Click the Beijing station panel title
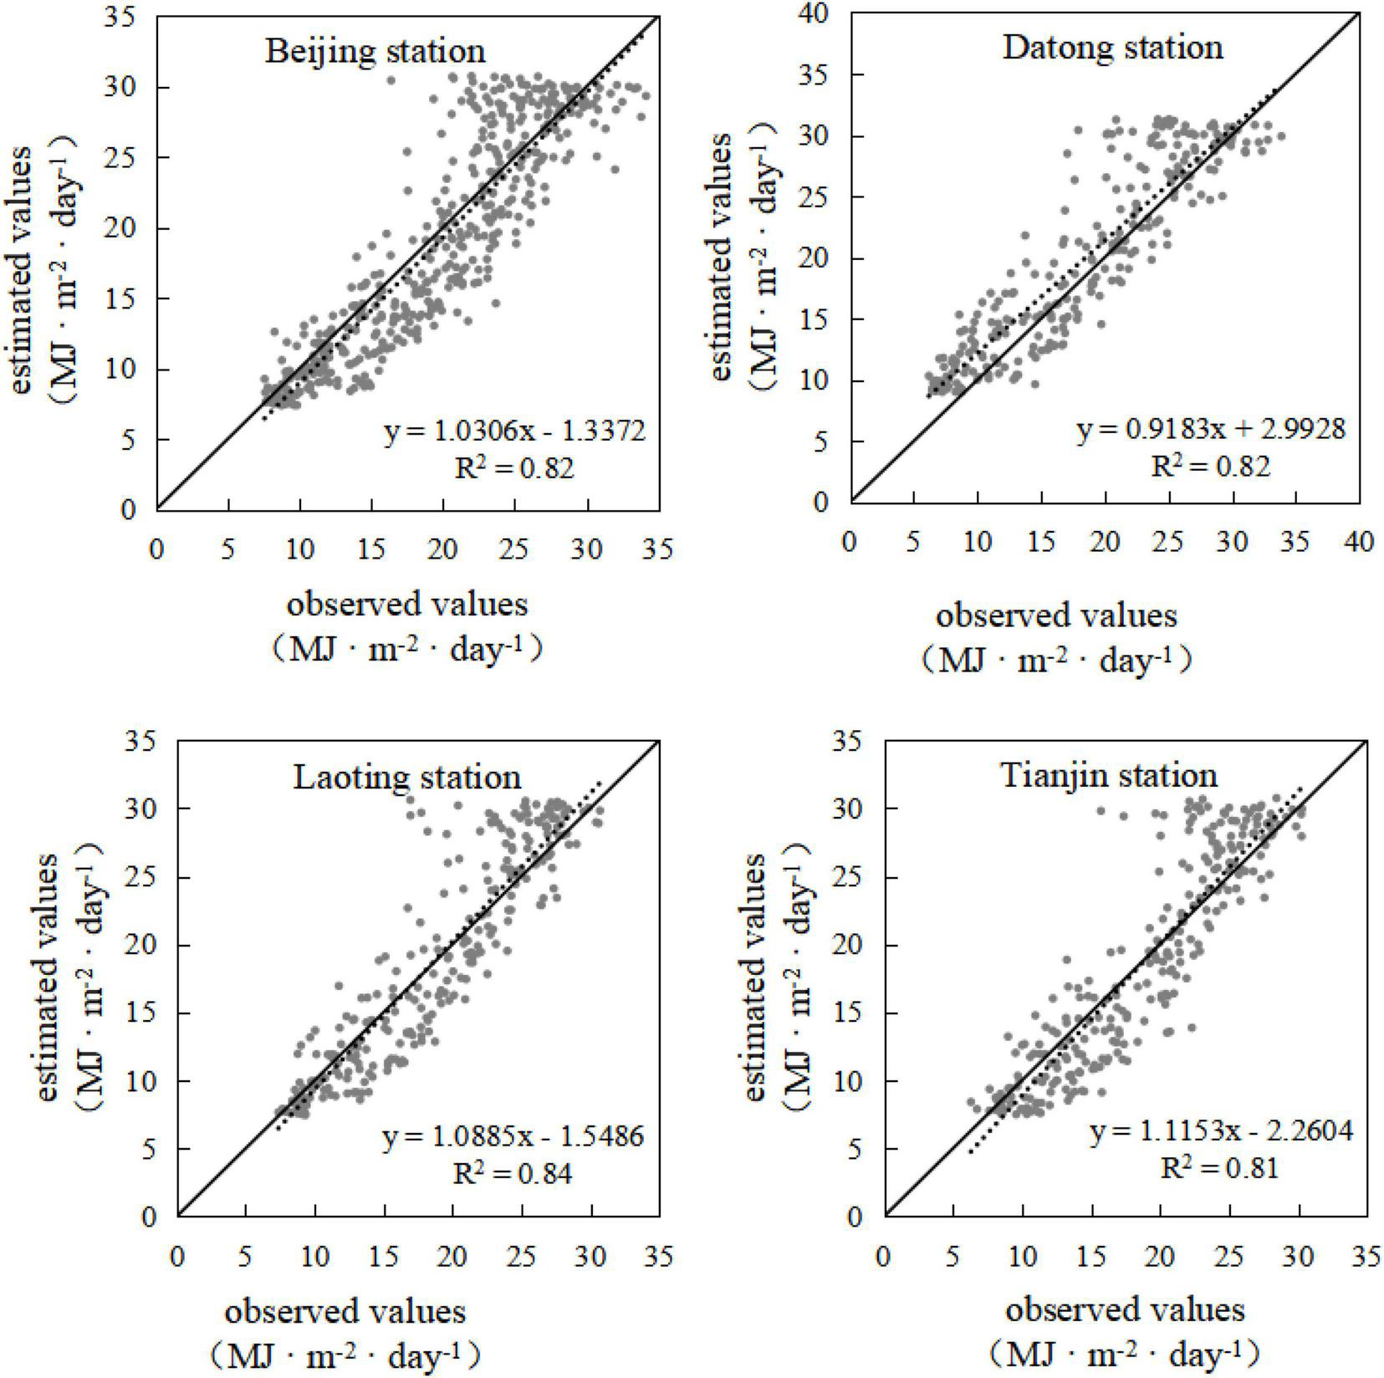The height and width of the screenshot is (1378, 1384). pos(375,51)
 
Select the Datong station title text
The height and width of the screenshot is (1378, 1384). pos(1112,47)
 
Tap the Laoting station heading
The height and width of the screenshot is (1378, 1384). pos(407,777)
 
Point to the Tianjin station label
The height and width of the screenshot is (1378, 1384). pos(1109,776)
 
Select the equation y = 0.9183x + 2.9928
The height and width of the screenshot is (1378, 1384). pos(1211,429)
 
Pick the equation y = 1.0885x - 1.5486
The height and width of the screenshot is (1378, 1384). pos(513,1137)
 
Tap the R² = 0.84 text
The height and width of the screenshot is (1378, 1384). pos(513,1174)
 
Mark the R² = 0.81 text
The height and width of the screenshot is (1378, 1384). pos(1220,1167)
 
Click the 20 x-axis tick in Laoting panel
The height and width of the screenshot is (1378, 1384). pos(452,1257)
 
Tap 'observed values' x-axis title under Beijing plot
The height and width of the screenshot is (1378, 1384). pos(407,604)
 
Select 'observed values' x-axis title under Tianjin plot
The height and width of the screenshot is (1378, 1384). pos(1125,1309)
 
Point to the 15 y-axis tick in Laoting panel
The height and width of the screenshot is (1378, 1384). pos(148,1013)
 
